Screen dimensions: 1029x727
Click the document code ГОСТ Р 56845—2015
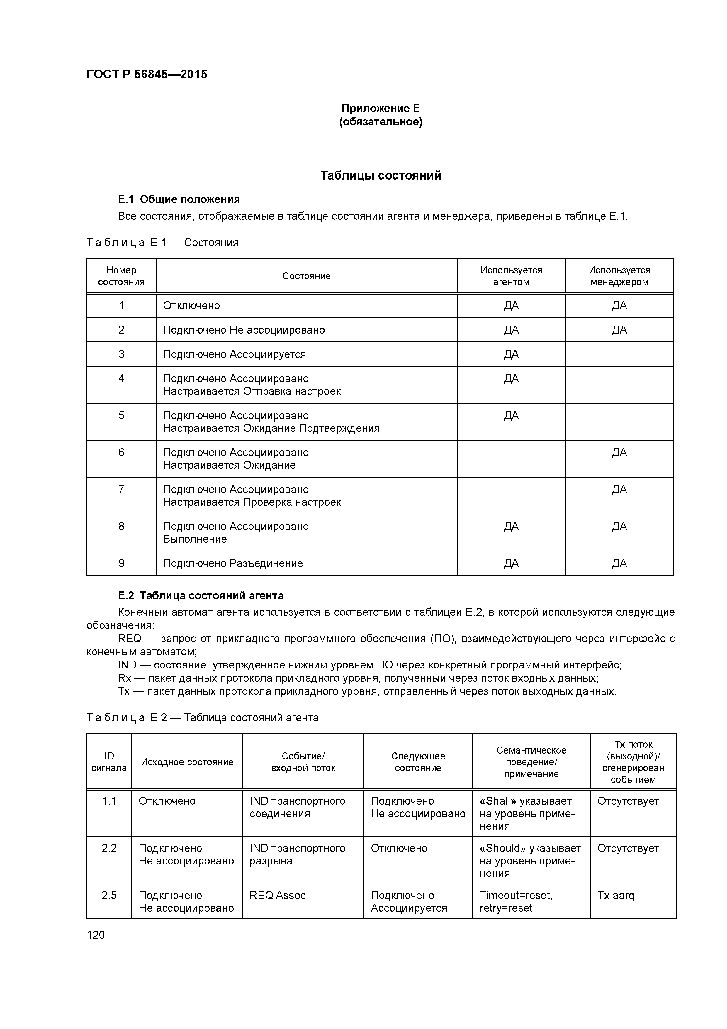(147, 75)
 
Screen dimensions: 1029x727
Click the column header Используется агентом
(511, 276)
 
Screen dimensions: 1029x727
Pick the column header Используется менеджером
(619, 276)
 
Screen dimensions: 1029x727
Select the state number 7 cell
(121, 489)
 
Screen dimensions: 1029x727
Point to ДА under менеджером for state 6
(619, 453)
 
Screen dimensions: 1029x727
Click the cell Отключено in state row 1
(191, 306)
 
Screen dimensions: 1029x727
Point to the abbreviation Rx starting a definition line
(124, 678)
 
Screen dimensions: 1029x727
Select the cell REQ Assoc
(277, 896)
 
